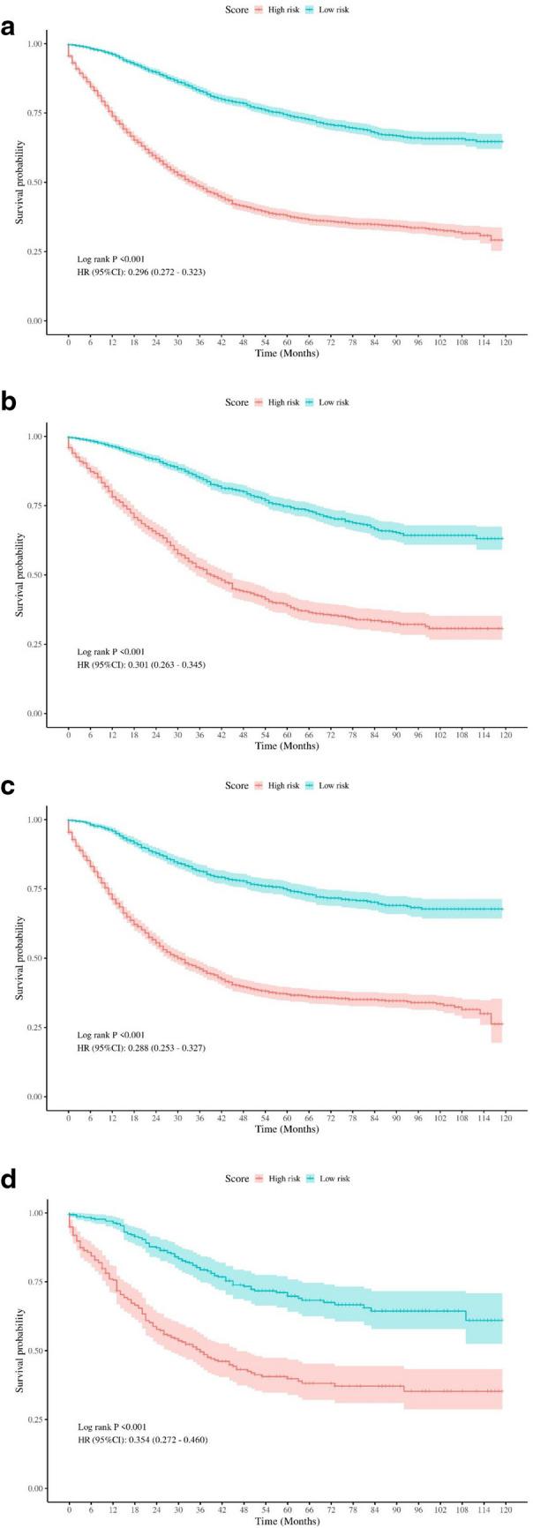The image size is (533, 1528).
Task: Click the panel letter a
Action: [9, 27]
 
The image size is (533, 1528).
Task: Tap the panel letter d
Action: [9, 1180]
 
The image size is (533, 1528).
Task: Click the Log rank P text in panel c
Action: [110, 1035]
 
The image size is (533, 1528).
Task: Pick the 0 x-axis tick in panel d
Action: [69, 1509]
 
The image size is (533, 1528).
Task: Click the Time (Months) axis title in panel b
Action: [287, 745]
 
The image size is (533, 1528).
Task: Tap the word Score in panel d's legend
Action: [236, 1179]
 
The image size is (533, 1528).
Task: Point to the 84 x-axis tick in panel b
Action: [374, 733]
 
